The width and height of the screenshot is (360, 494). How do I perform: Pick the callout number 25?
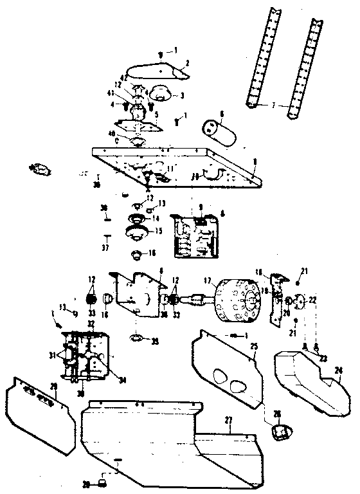[x=254, y=347]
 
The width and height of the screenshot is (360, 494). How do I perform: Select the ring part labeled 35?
[x=136, y=336]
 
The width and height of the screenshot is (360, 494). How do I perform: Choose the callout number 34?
[x=122, y=379]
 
